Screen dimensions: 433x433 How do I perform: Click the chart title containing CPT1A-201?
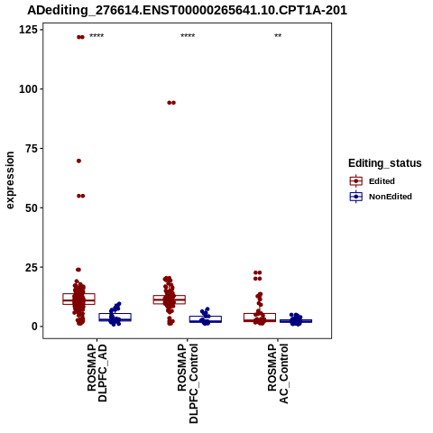[x=187, y=10]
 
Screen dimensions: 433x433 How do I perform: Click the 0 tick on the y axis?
[x=35, y=327]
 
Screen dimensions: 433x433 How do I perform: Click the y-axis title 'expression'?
[x=10, y=180]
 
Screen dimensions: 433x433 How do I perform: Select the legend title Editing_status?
[x=385, y=163]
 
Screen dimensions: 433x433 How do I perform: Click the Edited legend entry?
[x=373, y=181]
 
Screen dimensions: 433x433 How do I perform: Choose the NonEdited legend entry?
[x=381, y=197]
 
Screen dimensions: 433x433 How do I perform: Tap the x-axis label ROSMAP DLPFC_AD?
[x=97, y=373]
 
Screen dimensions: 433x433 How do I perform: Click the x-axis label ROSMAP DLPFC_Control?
[x=188, y=383]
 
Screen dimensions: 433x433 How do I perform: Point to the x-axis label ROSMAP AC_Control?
[x=278, y=373]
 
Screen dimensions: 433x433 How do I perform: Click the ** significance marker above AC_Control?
[x=278, y=36]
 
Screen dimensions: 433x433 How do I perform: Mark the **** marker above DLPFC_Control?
[x=188, y=36]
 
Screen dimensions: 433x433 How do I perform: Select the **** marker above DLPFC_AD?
[x=97, y=36]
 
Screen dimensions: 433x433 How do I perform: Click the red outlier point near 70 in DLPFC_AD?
[x=78, y=161]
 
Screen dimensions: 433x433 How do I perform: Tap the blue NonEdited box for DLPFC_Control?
[x=206, y=319]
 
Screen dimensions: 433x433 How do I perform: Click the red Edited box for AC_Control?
[x=260, y=318]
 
